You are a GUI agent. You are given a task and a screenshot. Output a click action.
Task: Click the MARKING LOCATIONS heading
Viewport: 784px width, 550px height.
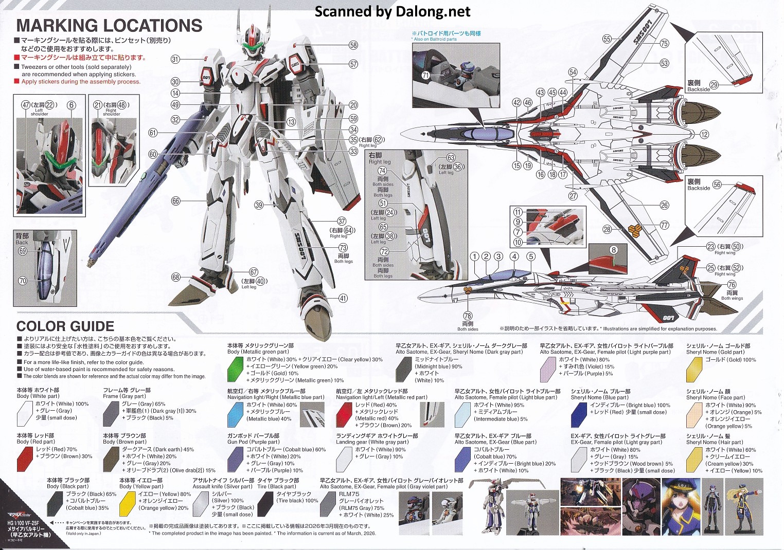(109, 26)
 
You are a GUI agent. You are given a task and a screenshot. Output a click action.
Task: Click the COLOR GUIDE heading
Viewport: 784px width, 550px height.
(65, 326)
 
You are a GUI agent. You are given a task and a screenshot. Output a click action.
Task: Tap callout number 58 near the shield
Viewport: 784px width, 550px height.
(353, 45)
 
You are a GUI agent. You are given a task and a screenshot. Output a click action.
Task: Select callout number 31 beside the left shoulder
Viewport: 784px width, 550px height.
(175, 59)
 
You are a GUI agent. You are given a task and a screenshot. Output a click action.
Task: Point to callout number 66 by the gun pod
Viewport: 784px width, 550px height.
(176, 201)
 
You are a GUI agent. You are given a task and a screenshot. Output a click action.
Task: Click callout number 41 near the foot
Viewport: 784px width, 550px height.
(343, 298)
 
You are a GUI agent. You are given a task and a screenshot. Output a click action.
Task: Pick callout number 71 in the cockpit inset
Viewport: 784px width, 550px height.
(425, 76)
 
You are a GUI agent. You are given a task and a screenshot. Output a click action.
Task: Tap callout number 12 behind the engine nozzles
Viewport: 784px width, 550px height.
(704, 135)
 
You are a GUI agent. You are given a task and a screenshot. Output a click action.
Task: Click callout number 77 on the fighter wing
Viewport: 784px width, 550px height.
(665, 225)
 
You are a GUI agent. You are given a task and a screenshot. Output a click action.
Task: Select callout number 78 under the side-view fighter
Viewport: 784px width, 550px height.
(468, 316)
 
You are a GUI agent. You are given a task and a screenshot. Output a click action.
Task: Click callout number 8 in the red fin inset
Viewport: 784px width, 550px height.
(613, 250)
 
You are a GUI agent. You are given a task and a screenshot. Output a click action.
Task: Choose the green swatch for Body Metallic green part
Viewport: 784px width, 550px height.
(235, 368)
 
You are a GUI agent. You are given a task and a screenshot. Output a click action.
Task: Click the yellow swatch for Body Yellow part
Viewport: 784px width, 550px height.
(127, 503)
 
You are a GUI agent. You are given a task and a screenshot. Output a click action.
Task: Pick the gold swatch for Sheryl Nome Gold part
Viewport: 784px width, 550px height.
(694, 368)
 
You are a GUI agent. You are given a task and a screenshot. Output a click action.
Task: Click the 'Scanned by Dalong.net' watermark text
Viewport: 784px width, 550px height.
(393, 11)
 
